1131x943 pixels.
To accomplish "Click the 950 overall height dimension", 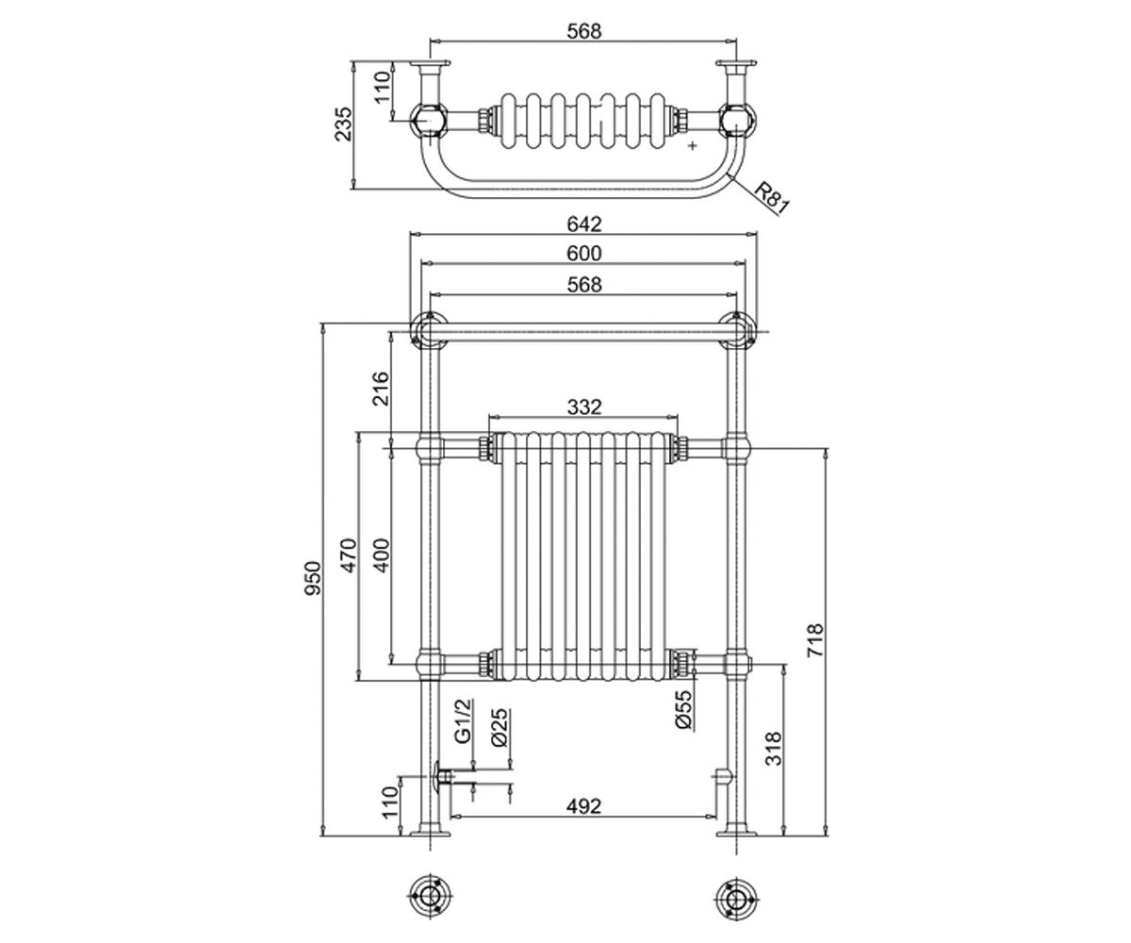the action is [313, 578].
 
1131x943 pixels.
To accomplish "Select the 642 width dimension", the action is [584, 223].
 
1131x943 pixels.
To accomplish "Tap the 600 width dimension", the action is [584, 253].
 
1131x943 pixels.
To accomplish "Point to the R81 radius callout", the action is [771, 198].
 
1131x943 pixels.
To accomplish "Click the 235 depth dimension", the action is [343, 124].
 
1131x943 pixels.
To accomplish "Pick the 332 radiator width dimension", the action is [584, 406].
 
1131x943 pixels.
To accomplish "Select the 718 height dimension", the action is [814, 640].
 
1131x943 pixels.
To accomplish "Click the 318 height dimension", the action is [774, 749].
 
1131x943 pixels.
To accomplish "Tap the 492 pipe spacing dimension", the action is [583, 806].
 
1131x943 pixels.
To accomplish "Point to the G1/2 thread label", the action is [464, 721].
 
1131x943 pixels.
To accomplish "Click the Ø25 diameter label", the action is [500, 728].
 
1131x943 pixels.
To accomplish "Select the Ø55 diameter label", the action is [684, 709].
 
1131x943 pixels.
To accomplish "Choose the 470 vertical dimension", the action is [350, 555].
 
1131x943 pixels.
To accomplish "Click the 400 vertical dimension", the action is [381, 555].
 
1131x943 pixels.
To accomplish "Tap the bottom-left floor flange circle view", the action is [430, 900].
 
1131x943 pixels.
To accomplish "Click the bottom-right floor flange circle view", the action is [736, 900].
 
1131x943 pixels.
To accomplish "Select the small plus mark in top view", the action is [692, 146].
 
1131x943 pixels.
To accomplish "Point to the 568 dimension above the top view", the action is [584, 31].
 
